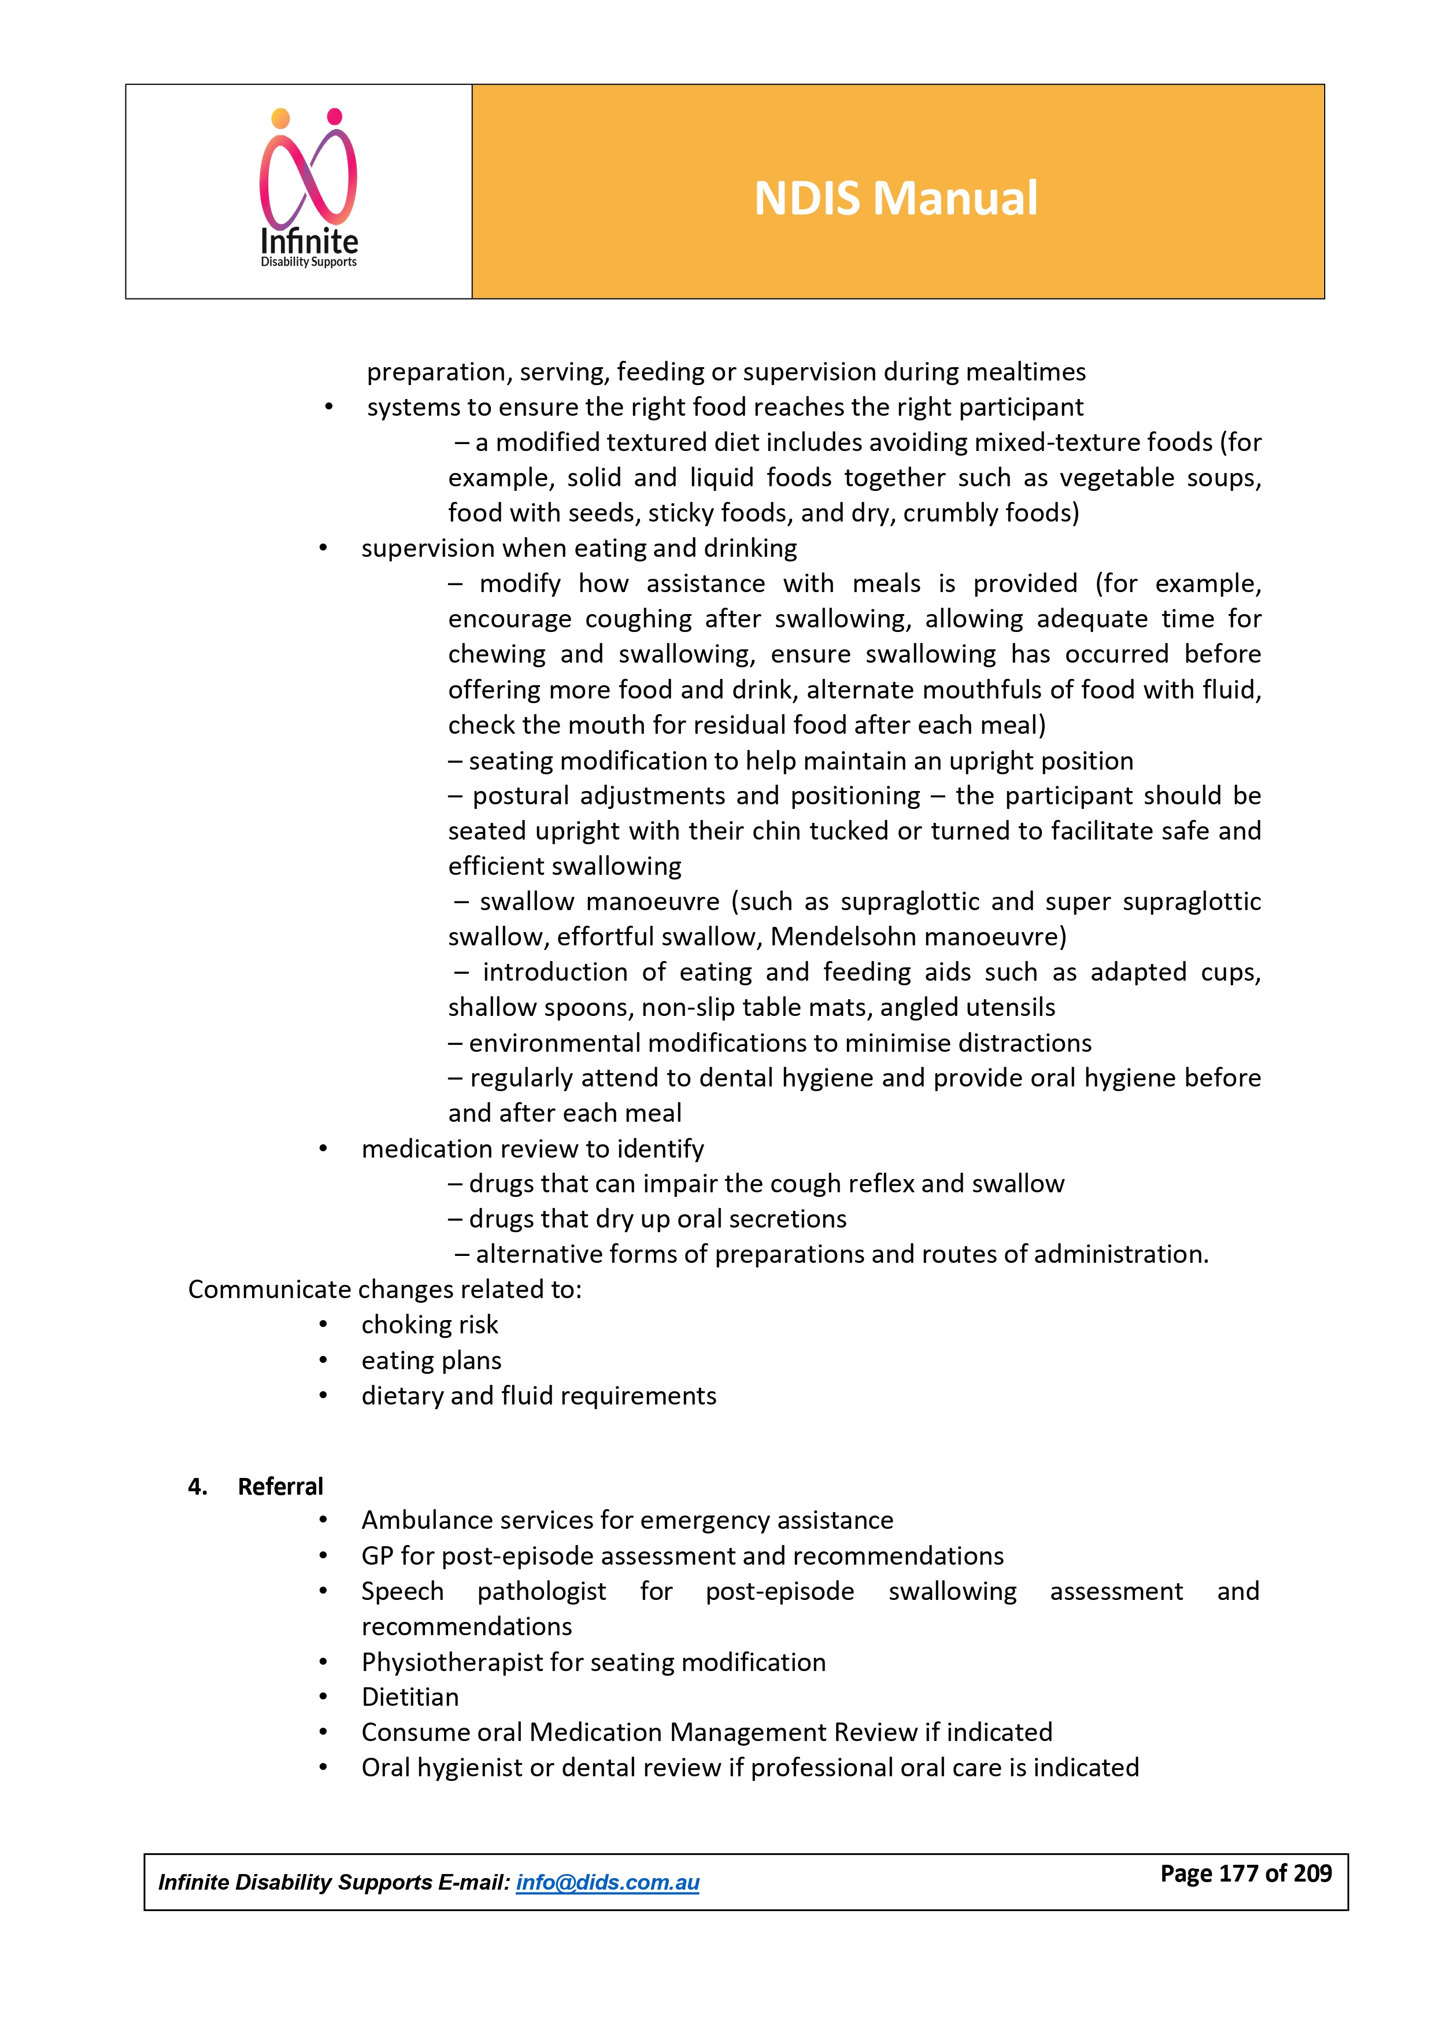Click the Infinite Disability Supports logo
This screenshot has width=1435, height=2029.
[308, 189]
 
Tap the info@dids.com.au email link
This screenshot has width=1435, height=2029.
[607, 1882]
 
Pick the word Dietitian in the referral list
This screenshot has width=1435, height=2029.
[410, 1697]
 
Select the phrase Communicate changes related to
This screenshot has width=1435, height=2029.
[384, 1289]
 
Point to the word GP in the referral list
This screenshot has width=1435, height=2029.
[376, 1555]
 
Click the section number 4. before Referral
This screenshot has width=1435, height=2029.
[197, 1487]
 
